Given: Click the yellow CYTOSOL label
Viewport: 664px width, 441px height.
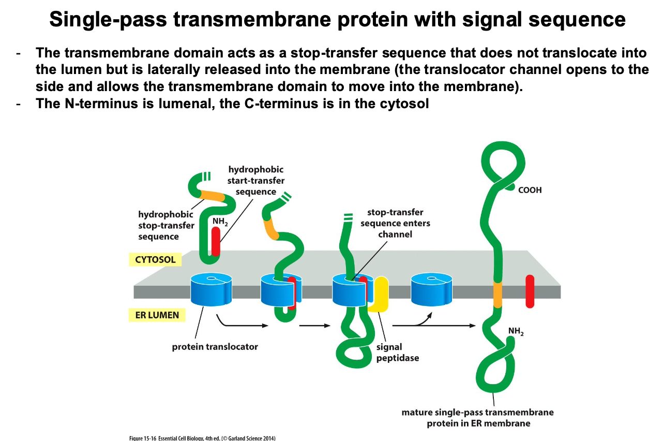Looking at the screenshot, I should (x=156, y=259).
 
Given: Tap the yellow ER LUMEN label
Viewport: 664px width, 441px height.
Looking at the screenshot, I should (x=157, y=314).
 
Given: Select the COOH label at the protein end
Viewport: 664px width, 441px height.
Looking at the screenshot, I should (x=530, y=190).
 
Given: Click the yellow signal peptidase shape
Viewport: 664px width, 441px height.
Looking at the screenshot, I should (x=380, y=295).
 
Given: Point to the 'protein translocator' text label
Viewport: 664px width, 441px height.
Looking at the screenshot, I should (x=215, y=347).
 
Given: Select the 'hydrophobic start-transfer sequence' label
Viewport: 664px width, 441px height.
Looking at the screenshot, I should (x=256, y=181).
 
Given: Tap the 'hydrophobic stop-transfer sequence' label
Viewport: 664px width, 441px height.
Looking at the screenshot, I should (x=166, y=225).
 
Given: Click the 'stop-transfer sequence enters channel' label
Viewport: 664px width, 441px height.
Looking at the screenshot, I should (x=395, y=223).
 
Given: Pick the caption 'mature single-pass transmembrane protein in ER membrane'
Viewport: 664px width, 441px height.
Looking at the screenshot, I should (x=477, y=418).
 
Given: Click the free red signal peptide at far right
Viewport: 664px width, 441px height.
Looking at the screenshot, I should (x=530, y=291).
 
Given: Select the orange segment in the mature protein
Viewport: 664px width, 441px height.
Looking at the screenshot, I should (x=497, y=295).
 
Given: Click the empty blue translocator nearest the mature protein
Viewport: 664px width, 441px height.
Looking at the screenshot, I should (x=431, y=290).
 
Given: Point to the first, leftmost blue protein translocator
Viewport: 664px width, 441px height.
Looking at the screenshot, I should (x=211, y=290).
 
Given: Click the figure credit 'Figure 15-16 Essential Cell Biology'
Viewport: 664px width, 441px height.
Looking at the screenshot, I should (x=202, y=438).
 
